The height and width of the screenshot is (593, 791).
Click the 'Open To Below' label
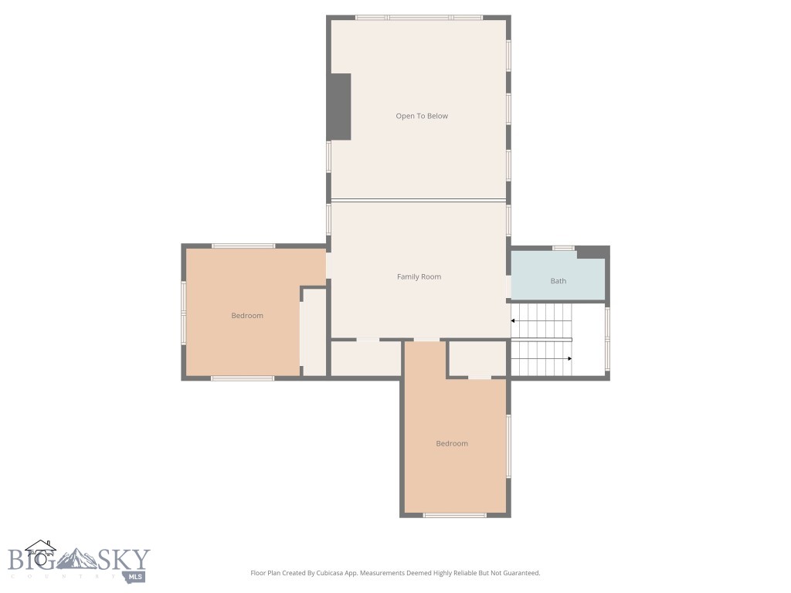[x=422, y=116]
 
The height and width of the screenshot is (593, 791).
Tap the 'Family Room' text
[x=419, y=276]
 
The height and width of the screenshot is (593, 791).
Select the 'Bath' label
[x=558, y=281]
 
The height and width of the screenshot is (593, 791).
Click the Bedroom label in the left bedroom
[x=247, y=315]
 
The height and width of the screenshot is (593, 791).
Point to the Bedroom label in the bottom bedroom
[x=452, y=443]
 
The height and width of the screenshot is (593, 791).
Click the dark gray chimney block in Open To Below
[x=340, y=107]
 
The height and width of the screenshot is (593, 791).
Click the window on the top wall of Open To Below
[x=419, y=17]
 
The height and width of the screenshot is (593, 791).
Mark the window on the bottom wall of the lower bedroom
[x=454, y=515]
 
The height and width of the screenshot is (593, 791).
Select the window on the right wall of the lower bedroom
[x=508, y=446]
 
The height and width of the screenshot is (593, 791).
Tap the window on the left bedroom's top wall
[x=243, y=246]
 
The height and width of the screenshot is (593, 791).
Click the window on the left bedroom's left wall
[x=184, y=312]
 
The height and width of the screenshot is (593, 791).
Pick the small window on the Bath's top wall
[x=563, y=248]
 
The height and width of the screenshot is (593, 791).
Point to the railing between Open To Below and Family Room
[x=419, y=200]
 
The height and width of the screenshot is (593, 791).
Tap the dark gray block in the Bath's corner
[x=592, y=252]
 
